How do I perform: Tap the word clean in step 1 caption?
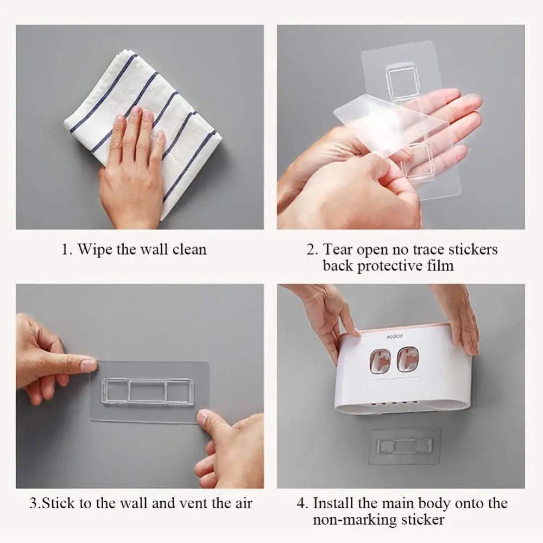(189, 249)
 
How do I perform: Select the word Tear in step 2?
(338, 249)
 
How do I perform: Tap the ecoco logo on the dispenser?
(395, 337)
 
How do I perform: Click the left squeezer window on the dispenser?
(380, 361)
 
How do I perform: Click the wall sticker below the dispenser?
(405, 446)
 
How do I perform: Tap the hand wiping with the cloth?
(134, 169)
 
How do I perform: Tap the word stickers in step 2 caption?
(473, 249)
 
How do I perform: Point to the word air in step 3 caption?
(244, 503)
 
